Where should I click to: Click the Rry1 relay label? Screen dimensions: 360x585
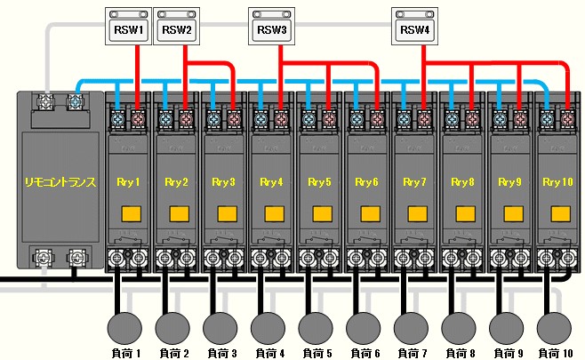129,182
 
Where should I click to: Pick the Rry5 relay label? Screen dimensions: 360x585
321,182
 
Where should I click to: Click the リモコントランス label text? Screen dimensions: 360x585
59,182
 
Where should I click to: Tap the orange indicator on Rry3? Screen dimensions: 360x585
224,214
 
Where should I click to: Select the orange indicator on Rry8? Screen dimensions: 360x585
463,214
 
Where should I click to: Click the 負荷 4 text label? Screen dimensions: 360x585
270,353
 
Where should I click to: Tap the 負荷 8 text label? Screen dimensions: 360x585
462,353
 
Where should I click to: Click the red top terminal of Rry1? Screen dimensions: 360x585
138,117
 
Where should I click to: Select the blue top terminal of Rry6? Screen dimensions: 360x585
356,117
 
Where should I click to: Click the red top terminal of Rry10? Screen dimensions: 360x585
569,117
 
